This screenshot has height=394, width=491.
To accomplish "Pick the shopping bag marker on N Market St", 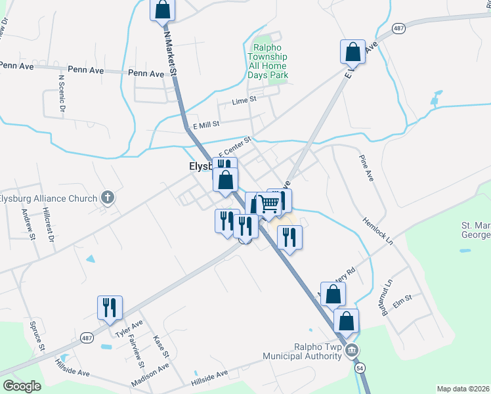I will tap(162, 10).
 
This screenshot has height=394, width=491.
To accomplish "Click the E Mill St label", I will tap(205, 123).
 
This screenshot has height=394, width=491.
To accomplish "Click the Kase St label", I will tap(161, 346).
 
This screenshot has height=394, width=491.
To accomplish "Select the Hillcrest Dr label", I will tap(48, 225).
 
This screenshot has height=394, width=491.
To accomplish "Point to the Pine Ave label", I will tap(366, 168).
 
